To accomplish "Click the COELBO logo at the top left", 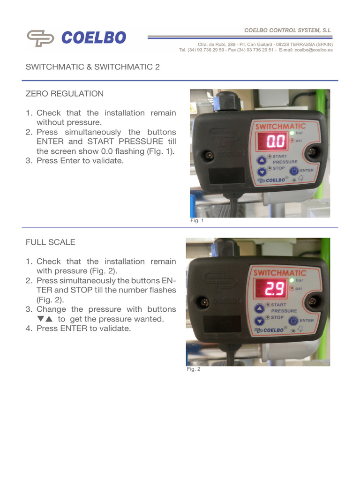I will tap(76, 38).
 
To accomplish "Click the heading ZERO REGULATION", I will tap(65, 94).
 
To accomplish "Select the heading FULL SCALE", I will tap(50, 242).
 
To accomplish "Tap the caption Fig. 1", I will tap(197, 221).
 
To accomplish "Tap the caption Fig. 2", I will tap(193, 369).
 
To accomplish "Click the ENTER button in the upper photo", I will tap(294, 171).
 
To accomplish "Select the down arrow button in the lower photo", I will tap(259, 321).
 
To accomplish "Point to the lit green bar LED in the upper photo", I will tap(292, 134).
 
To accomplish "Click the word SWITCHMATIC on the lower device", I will tap(279, 272).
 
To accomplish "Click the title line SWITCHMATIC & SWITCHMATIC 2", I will tap(92, 67).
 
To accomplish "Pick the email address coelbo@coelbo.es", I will tap(314, 50).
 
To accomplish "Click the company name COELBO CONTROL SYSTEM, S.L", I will tap(287, 30).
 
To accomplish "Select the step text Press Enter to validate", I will tap(80, 161).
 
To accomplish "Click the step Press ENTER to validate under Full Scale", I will tap(84, 329).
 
